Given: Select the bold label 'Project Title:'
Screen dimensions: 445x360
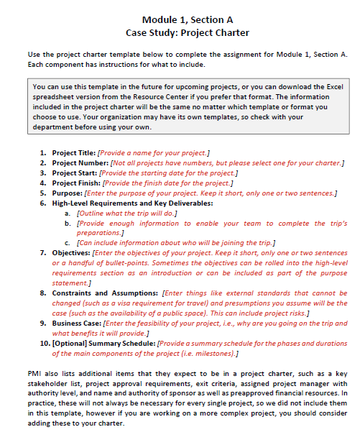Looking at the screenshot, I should pos(73,153).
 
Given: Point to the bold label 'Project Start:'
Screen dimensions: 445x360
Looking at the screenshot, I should pos(74,173).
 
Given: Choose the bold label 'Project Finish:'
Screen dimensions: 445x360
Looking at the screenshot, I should pos(75,183).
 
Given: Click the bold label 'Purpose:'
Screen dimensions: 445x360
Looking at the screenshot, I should pos(67,193).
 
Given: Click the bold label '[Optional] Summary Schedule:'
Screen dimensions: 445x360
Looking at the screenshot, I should pos(102,344).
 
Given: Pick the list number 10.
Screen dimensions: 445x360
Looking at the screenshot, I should pos(42,344).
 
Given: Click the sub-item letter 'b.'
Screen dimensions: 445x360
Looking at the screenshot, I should pos(68,224).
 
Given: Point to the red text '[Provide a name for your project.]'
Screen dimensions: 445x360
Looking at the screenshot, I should pos(153,153).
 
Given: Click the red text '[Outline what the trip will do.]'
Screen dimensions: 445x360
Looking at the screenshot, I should pos(124,214).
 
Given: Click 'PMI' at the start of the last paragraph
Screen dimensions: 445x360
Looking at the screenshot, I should pos(34,375).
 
